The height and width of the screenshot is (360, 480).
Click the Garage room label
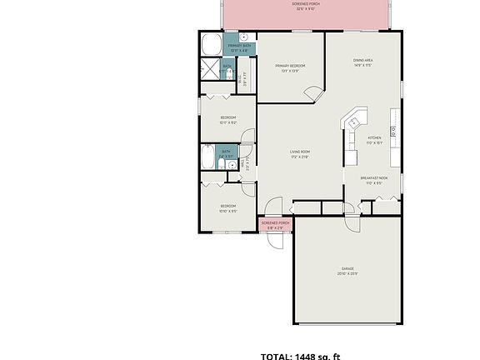(347, 271)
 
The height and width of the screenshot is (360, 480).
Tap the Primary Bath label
(227, 47)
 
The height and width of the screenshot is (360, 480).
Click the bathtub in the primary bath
(210, 44)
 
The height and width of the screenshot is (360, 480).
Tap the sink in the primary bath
(245, 38)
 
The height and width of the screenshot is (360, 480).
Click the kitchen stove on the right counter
(394, 130)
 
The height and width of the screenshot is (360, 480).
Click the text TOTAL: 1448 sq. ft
(301, 356)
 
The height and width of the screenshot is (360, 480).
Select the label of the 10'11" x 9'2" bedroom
(227, 120)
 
